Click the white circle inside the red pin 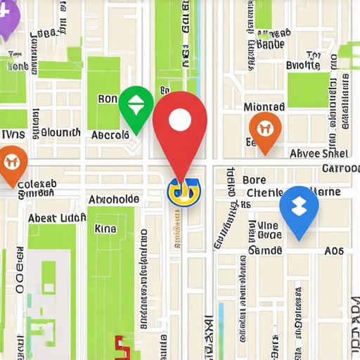(x=180, y=121)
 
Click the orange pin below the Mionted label (x=265, y=130)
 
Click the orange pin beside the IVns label (x=12, y=163)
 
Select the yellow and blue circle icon (x=184, y=192)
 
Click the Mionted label (x=264, y=107)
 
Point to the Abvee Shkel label (x=319, y=154)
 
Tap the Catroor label (x=341, y=169)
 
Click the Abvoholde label (x=113, y=199)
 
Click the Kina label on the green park (x=105, y=229)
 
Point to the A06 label (x=334, y=251)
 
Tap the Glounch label (x=60, y=132)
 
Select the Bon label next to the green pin (x=108, y=99)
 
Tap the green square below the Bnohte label (x=307, y=89)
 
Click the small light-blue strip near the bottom (x=221, y=316)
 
